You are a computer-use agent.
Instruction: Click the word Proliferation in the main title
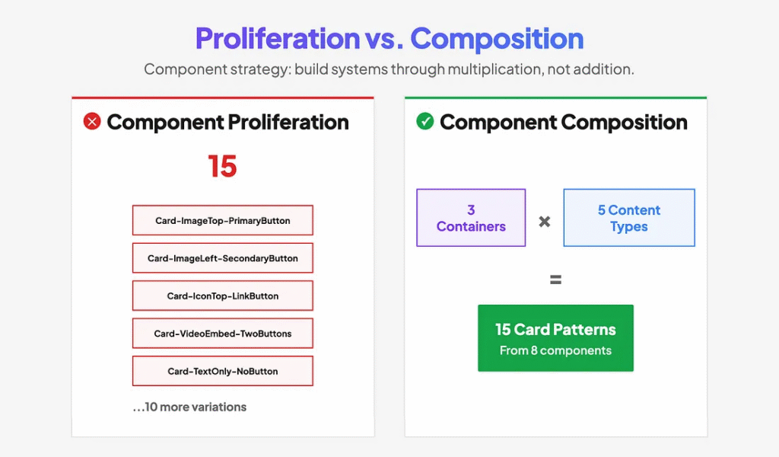278,39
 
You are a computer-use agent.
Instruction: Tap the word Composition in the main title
497,39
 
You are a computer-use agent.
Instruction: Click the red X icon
92,121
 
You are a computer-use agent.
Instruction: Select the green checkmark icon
424,121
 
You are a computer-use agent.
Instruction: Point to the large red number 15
223,166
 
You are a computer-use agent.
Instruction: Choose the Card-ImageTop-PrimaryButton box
223,220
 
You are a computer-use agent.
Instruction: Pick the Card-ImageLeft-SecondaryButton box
223,258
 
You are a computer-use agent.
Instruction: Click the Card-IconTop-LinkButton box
223,296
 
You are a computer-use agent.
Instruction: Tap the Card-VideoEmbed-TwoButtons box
223,334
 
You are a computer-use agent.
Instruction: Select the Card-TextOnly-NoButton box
223,371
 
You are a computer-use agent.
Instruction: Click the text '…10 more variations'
189,407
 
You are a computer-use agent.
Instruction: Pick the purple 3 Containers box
471,218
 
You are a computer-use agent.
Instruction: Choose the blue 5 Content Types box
629,218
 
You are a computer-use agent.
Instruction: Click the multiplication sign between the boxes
545,222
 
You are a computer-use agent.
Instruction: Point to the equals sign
555,280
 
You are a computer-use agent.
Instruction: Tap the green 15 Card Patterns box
555,338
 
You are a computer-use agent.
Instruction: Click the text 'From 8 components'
555,350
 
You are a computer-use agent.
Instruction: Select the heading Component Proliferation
228,123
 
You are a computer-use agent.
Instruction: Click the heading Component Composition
564,123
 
